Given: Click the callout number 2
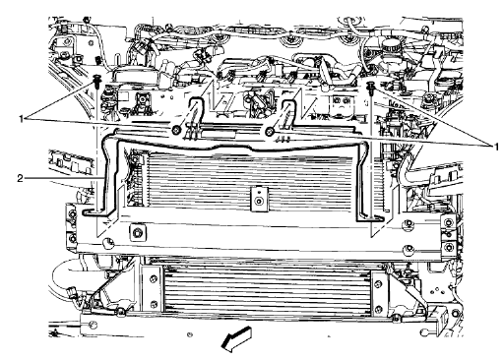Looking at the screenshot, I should (x=20, y=178).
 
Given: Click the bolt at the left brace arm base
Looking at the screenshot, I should (x=175, y=130).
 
